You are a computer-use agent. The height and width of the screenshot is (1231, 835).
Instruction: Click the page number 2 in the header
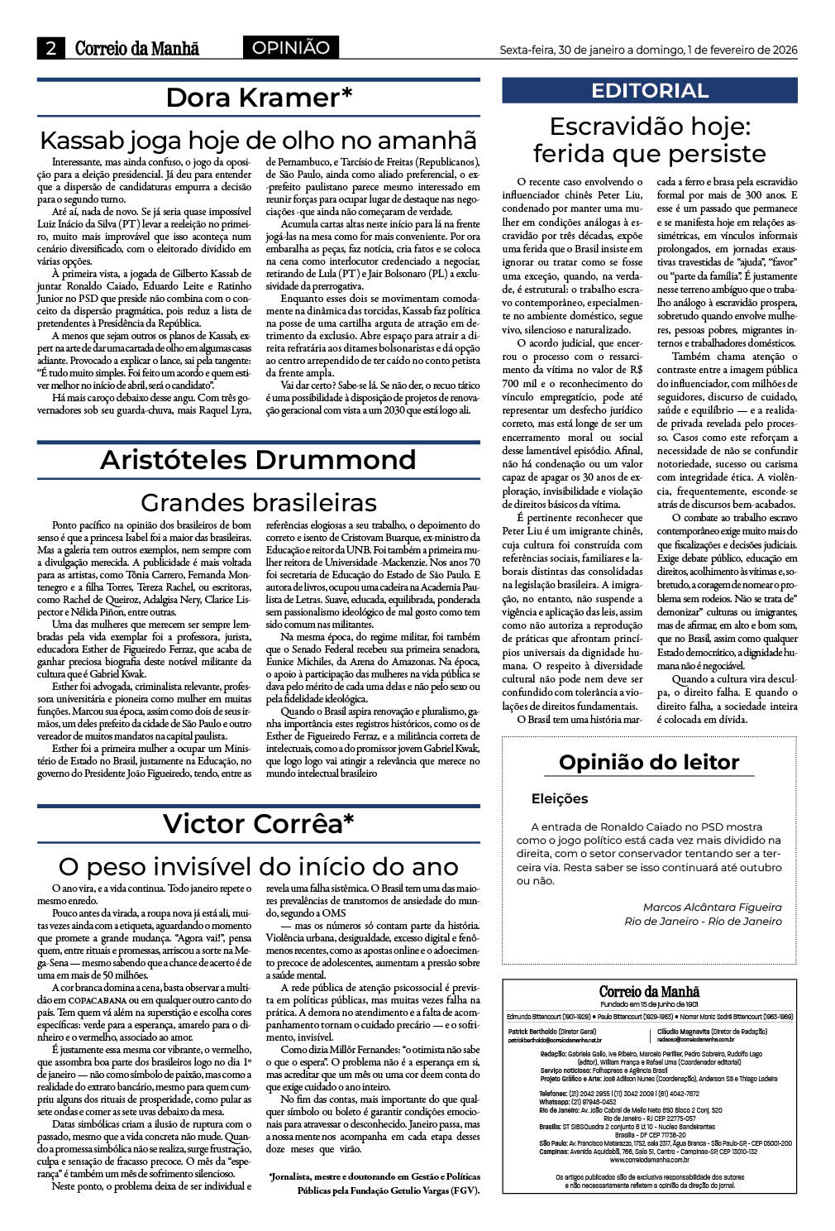point(50,49)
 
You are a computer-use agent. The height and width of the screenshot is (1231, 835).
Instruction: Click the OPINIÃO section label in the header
point(290,48)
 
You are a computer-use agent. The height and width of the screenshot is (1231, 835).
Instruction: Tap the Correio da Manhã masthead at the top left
point(137,49)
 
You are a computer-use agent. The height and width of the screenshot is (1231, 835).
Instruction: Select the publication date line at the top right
point(648,50)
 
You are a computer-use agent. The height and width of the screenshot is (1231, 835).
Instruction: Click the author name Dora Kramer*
point(259,98)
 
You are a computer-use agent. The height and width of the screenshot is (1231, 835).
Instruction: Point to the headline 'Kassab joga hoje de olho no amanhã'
point(259,138)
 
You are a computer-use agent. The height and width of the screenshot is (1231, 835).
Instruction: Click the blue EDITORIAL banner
point(649,90)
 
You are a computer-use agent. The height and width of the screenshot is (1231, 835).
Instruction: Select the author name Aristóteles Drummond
point(258,460)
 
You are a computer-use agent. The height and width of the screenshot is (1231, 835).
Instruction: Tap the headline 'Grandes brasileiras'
point(258,502)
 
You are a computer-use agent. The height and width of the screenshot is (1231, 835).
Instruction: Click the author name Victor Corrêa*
point(258,823)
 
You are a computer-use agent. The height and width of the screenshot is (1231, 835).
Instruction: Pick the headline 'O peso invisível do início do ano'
point(258,866)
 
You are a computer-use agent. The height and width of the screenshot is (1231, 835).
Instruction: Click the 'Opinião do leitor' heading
point(649,762)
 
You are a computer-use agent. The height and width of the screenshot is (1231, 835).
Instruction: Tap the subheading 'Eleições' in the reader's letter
point(560,799)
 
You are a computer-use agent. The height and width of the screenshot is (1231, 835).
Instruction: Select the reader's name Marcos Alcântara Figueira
point(712,907)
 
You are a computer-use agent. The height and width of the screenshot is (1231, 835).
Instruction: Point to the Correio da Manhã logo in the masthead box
point(649,991)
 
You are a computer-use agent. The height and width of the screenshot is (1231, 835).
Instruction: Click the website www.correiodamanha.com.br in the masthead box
point(649,1158)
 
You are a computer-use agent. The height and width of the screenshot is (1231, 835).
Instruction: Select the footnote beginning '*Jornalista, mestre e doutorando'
point(375,1183)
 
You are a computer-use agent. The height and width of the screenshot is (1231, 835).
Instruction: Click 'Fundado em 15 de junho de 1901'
point(649,1004)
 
